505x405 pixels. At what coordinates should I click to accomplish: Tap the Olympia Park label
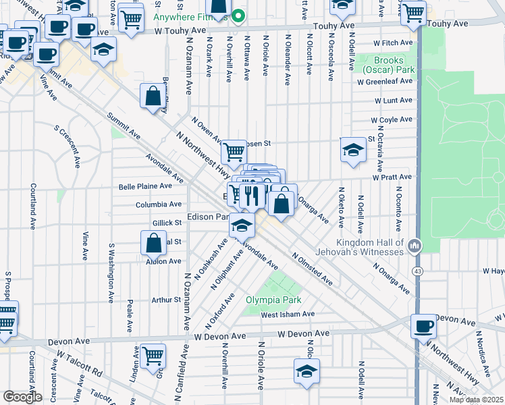pyautogui.click(x=273, y=300)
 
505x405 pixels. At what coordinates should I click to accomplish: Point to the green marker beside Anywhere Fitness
pyautogui.click(x=238, y=15)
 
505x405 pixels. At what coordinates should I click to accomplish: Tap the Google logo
pyautogui.click(x=22, y=397)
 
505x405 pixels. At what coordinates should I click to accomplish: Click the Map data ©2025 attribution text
pyautogui.click(x=477, y=400)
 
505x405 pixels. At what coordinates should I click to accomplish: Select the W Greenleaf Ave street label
pyautogui.click(x=384, y=81)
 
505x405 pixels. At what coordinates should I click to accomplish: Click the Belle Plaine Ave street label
pyautogui.click(x=145, y=186)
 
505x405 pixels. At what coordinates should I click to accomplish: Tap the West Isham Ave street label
pyautogui.click(x=288, y=314)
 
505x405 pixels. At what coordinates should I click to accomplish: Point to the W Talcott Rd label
pyautogui.click(x=79, y=363)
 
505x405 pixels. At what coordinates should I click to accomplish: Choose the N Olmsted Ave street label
pyautogui.click(x=312, y=268)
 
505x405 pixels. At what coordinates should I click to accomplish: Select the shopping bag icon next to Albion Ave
pyautogui.click(x=153, y=242)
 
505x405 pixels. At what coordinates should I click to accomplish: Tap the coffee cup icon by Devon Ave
pyautogui.click(x=423, y=327)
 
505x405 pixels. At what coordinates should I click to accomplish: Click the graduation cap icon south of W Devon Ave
pyautogui.click(x=307, y=371)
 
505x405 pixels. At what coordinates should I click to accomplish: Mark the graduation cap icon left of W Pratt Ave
pyautogui.click(x=352, y=151)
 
